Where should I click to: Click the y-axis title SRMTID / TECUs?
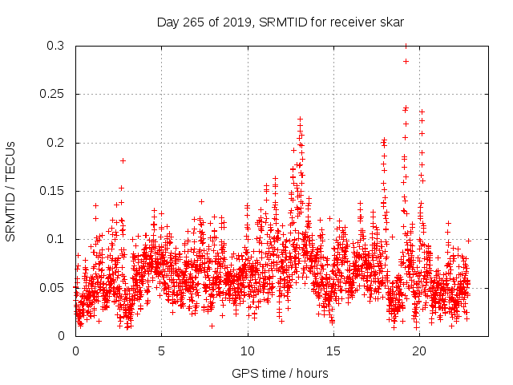(10, 191)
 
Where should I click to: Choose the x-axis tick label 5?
(161, 351)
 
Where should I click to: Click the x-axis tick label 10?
(248, 351)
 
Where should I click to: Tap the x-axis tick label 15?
(333, 351)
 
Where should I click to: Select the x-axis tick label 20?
(419, 351)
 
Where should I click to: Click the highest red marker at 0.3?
(406, 47)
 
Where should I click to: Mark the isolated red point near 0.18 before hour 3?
(123, 160)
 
